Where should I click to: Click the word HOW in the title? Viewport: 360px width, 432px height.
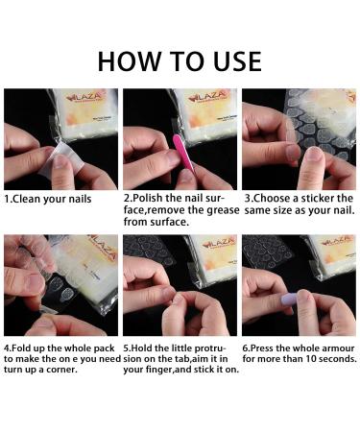(x=130, y=60)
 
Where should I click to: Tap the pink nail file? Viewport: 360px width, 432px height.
(x=183, y=152)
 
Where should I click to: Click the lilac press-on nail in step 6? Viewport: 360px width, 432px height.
(x=289, y=300)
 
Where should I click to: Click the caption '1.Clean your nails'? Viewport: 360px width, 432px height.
(x=48, y=199)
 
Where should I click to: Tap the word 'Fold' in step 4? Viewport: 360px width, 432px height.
(x=23, y=348)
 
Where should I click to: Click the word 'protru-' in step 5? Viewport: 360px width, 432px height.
(x=210, y=348)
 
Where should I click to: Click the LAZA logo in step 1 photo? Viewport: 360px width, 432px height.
(x=84, y=96)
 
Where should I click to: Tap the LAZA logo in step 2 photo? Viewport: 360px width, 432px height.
(x=207, y=96)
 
